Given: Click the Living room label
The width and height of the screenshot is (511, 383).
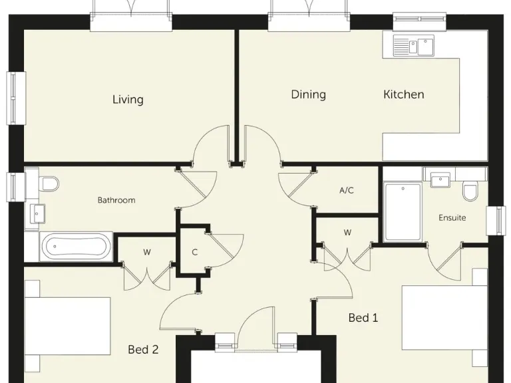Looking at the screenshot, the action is pos(128,100).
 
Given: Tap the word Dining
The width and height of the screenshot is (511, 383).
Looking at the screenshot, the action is pos(308,95).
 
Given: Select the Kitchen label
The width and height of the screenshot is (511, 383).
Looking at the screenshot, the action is pos(403,94).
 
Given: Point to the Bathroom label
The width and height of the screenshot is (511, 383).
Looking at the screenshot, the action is pos(116,200).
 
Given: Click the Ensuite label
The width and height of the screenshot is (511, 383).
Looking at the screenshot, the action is pos(452,217).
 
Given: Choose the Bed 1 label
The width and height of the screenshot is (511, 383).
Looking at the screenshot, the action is pos(363,318).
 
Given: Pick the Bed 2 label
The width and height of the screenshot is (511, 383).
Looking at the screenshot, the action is pos(143,350).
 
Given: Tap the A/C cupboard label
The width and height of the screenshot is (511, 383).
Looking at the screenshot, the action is pos(347,190).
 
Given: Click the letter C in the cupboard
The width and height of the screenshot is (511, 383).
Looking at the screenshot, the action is pos(194,252).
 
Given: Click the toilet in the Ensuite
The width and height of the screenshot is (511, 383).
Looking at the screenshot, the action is pos(470,193).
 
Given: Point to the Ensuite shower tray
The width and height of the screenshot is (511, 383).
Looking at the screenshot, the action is pos(403,212).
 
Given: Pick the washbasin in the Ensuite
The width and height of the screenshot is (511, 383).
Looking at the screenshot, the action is pos(440,180).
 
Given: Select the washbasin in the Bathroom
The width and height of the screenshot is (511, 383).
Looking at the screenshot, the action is pos(37,213).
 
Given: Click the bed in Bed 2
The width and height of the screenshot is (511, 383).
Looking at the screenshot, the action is pos(67,326).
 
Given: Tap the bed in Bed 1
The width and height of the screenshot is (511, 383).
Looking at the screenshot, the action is pos(445,317).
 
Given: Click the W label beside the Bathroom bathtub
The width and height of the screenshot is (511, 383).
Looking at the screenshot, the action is pos(147,252).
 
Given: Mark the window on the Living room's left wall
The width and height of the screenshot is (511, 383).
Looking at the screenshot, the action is pos(16,98).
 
